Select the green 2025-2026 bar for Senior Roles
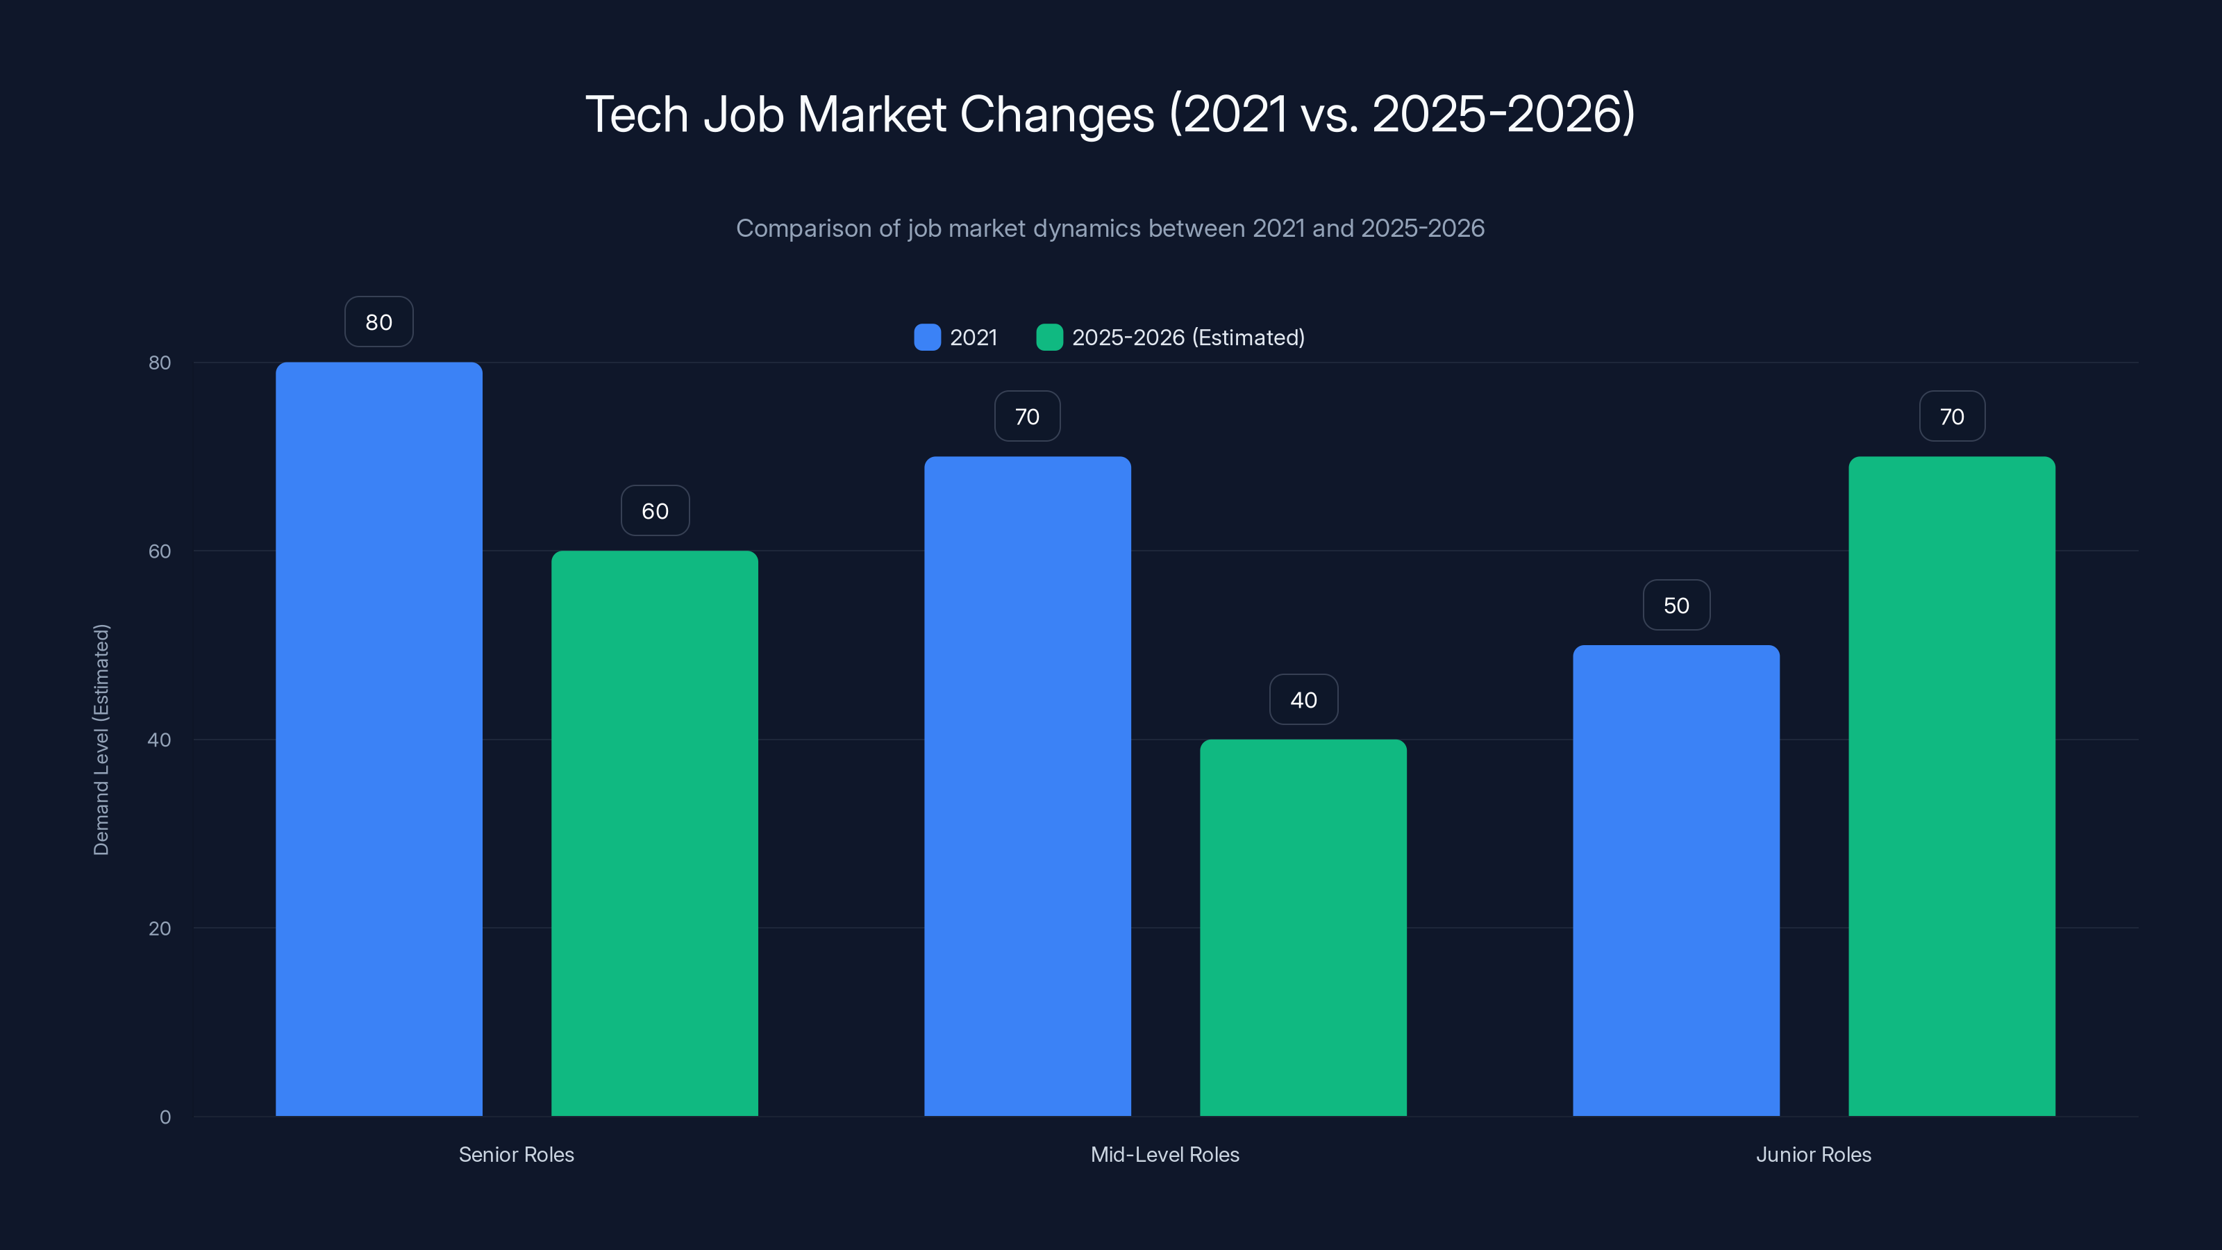(655, 833)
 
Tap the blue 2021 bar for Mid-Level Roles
(1028, 786)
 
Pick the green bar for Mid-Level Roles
(1303, 927)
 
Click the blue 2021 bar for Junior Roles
(1676, 880)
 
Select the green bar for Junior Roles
(1952, 786)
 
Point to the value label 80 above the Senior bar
(378, 322)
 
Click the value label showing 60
(655, 510)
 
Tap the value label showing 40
(1303, 699)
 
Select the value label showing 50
(1676, 606)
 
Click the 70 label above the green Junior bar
(1952, 417)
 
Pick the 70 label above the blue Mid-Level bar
(1028, 417)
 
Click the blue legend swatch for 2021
(927, 337)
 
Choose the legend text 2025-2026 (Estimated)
(1188, 337)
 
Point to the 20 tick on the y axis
(160, 928)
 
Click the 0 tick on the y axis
(165, 1117)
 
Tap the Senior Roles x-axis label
(516, 1154)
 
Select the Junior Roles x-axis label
(1813, 1154)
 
